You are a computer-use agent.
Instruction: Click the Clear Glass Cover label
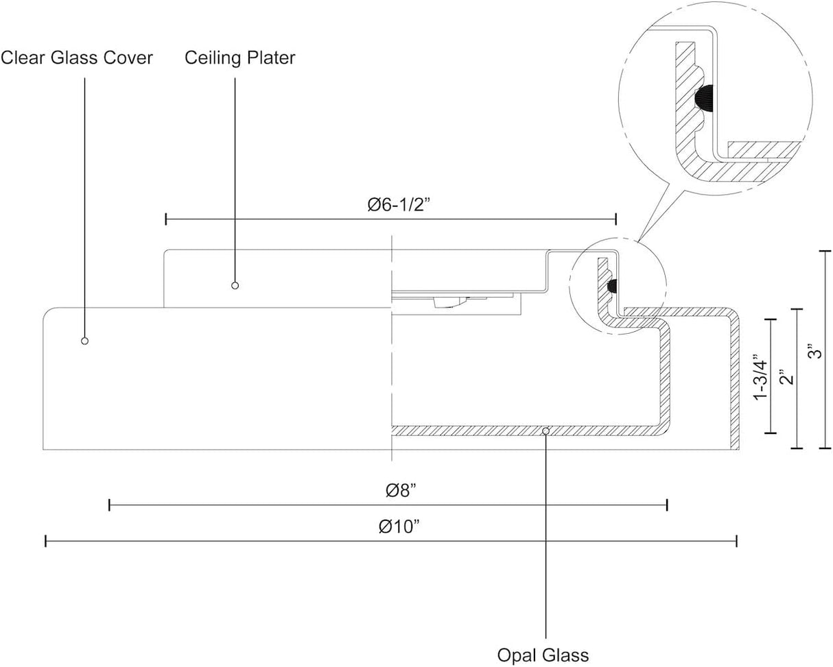(77, 58)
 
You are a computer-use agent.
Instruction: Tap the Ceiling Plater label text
(240, 58)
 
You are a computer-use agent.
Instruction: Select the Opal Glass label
(543, 655)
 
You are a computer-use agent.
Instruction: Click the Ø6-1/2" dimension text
(399, 205)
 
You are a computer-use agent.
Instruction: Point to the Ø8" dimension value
(401, 491)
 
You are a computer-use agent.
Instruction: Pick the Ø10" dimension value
(399, 526)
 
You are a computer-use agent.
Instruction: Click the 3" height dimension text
(815, 351)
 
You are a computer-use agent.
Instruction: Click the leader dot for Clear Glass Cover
(85, 341)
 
